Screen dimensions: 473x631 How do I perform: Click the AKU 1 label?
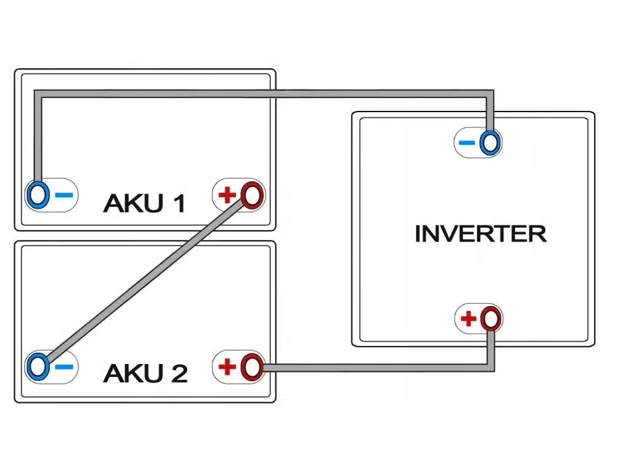[144, 203]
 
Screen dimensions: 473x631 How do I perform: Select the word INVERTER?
[480, 234]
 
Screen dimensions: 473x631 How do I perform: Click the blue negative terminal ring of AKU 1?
[38, 195]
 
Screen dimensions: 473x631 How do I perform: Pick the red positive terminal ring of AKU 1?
[251, 195]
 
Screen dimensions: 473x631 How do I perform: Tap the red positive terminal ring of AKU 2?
[251, 367]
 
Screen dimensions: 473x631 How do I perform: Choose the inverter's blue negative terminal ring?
[491, 143]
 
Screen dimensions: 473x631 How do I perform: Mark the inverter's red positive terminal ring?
[491, 318]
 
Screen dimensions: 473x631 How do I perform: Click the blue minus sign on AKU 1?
[64, 195]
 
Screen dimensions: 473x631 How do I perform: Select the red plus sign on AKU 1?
[227, 196]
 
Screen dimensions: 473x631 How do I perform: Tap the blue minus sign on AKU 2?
[64, 367]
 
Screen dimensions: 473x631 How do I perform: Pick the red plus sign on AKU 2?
[227, 368]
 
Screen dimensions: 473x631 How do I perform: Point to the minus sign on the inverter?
[467, 144]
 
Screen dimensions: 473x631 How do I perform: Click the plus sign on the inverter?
[468, 319]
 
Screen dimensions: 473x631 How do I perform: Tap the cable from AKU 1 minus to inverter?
[265, 94]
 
